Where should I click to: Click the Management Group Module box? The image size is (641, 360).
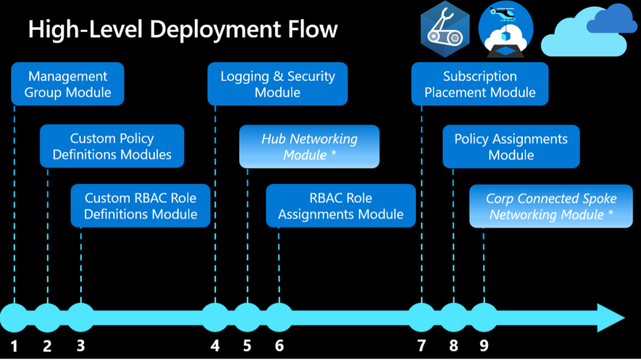coord(68,84)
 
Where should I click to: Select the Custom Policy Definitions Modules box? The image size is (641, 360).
coord(112,146)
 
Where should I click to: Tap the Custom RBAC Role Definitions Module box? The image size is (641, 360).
coord(141,206)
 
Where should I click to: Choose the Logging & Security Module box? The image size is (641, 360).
coord(277,84)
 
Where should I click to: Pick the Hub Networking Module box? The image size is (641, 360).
coord(309,146)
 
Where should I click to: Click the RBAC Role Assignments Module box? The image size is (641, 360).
coord(341,206)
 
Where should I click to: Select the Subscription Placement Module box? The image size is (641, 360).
coord(480,84)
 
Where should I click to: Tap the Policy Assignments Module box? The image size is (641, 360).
coord(511,146)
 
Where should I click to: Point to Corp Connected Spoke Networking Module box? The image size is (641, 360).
coord(551,206)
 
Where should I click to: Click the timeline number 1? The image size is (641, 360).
coord(14,346)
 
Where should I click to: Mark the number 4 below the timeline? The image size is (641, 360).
coord(215,346)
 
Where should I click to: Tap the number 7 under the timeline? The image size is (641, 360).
coord(421,346)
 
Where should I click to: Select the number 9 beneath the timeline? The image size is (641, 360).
coord(484,346)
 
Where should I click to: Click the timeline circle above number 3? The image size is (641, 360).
coord(81,317)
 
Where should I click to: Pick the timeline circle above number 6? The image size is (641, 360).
coord(278,317)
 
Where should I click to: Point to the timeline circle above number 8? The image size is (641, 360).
coord(453,317)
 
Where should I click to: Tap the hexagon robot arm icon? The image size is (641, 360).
coord(445,30)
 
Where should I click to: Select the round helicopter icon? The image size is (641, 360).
coord(506,30)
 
